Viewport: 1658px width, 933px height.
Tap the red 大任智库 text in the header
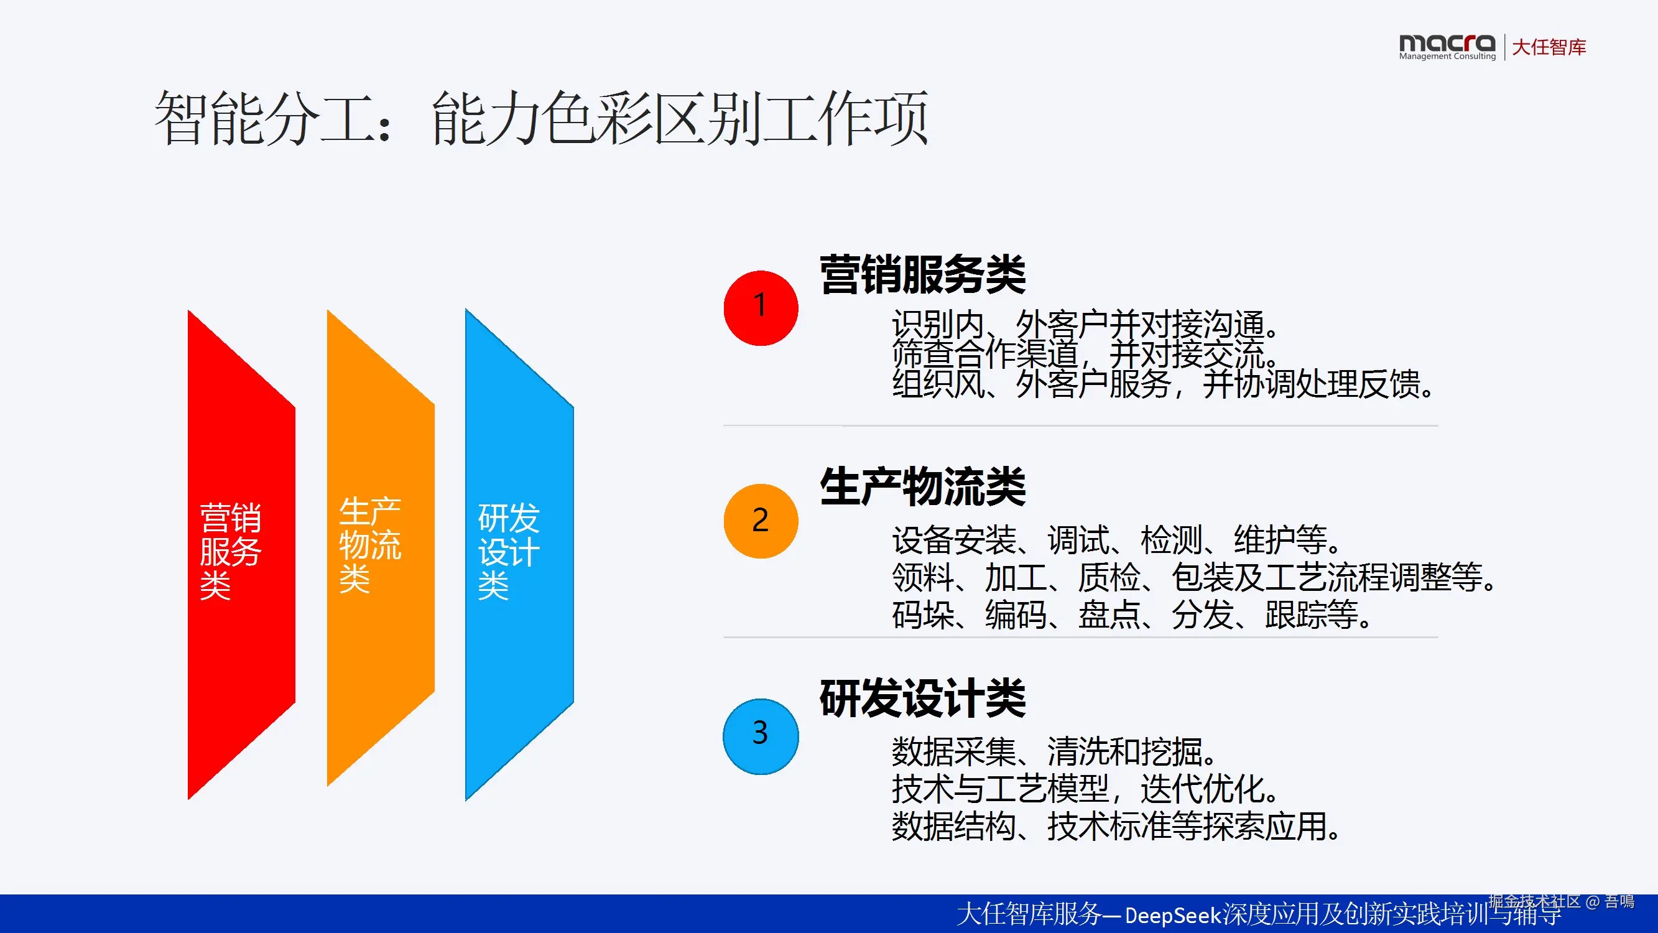1549,47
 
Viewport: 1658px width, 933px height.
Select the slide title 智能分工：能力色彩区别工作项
541,118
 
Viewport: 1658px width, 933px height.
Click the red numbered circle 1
761,308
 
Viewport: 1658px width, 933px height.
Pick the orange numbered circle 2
761,521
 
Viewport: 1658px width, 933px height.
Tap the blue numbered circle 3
761,736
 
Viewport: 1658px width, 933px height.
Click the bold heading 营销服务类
923,274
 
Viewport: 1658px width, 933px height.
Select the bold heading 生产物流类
923,487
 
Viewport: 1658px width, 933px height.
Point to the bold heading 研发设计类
923,698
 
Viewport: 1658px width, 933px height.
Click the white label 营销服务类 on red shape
231,551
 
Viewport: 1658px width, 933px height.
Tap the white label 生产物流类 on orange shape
370,545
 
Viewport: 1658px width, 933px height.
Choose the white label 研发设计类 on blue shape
509,551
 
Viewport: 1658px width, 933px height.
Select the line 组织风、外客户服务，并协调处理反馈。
1163,384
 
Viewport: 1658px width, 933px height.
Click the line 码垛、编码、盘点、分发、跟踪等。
1132,615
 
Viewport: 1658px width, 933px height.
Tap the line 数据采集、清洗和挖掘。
1054,751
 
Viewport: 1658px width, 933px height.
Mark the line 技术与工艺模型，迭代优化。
1085,789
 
